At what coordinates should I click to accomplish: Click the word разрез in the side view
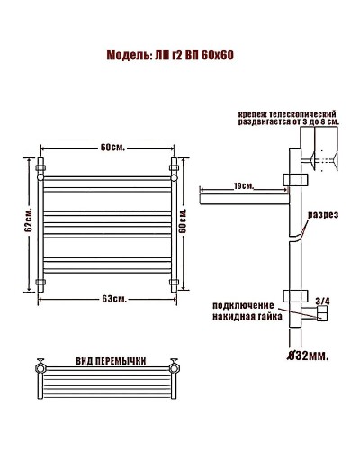322,217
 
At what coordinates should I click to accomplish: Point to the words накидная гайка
246,318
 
